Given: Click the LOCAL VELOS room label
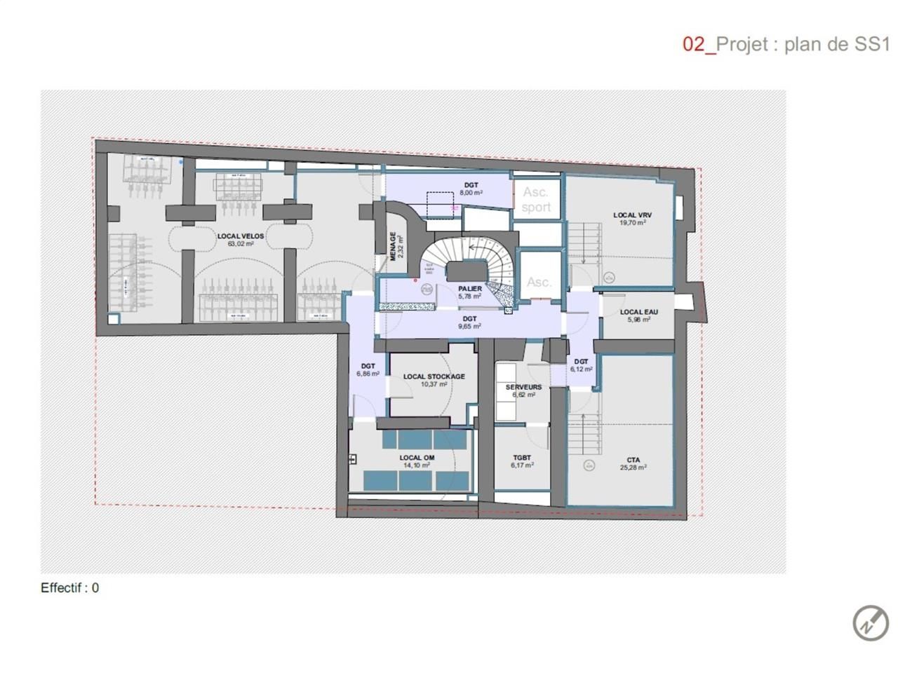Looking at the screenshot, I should click(240, 236).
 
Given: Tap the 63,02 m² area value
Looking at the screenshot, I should click(240, 244).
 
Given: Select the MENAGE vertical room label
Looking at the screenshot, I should click(394, 246).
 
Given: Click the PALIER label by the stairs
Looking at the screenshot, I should click(469, 289).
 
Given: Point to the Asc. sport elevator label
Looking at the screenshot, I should click(536, 200).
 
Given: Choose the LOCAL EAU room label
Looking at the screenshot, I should click(638, 312).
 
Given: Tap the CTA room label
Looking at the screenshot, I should click(633, 460).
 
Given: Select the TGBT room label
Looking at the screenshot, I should click(522, 458).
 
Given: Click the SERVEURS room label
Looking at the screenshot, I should click(523, 387).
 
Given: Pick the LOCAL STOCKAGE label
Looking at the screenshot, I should click(434, 376).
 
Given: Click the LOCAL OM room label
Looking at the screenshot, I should click(417, 458).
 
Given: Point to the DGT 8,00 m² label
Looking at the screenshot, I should click(471, 189).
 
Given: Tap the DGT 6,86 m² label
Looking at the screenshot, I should click(368, 370).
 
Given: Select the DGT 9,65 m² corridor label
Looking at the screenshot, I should click(469, 322).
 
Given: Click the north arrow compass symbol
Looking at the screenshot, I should click(871, 622).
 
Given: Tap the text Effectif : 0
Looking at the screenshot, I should click(69, 588).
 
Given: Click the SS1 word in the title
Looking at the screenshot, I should click(872, 44).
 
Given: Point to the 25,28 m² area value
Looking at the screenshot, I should click(633, 468).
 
